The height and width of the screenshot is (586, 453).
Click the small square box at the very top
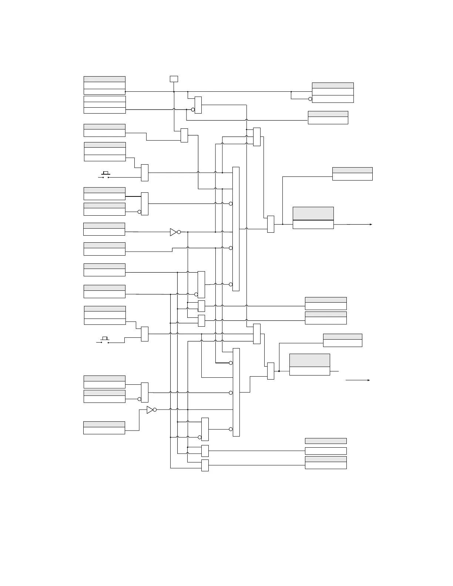tap(174, 79)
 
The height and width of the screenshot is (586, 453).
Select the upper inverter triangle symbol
tap(173, 232)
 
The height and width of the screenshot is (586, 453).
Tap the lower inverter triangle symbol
tap(150, 410)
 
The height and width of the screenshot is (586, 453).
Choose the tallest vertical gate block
tap(236, 229)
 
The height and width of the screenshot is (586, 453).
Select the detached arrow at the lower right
tap(358, 380)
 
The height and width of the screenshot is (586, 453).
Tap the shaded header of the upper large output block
tap(313, 213)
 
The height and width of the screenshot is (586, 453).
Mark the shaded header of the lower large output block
tap(309, 360)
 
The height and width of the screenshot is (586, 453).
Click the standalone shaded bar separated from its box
tap(326, 441)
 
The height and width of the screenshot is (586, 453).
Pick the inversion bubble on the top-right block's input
tap(310, 99)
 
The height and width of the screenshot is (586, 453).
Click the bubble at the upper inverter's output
tap(179, 232)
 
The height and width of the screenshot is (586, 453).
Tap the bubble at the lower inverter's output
tap(155, 410)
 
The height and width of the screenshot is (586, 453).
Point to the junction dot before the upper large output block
tap(283, 224)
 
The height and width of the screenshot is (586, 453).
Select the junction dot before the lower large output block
tap(279, 371)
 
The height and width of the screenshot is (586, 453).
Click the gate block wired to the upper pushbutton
tap(145, 173)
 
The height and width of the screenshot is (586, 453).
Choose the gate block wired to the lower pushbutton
tap(145, 334)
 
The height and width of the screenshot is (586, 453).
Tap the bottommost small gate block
tap(205, 465)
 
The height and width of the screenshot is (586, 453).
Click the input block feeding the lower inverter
tap(104, 428)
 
